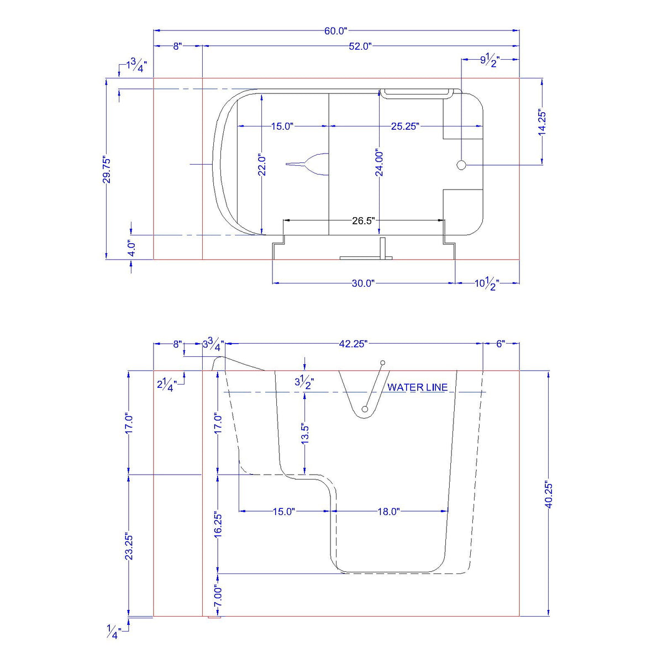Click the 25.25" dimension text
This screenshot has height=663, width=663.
click(405, 127)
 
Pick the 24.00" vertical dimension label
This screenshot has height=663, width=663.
click(379, 163)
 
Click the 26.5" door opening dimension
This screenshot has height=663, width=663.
click(363, 221)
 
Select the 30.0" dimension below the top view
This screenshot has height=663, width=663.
click(362, 283)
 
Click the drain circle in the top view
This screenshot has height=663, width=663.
click(462, 165)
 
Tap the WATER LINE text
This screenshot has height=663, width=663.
click(417, 387)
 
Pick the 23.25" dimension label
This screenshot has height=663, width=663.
click(129, 545)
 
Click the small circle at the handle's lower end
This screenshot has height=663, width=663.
click(365, 409)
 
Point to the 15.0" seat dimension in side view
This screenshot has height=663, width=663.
click(283, 512)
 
